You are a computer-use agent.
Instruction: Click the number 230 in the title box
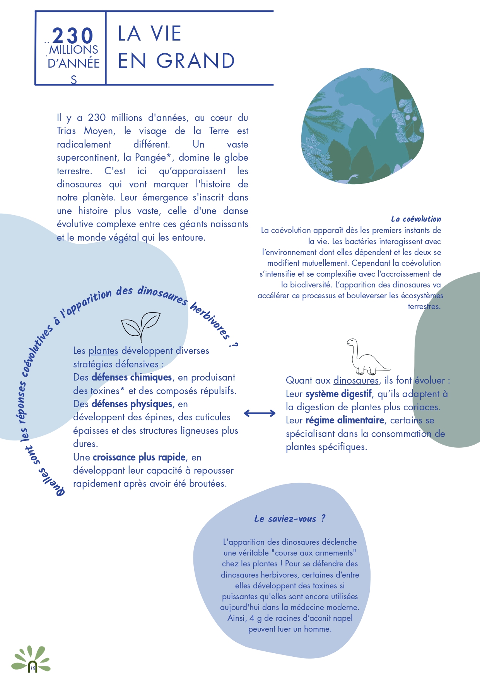tap(73, 36)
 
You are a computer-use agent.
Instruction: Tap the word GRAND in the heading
tap(196, 61)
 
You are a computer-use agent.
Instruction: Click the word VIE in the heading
tap(166, 34)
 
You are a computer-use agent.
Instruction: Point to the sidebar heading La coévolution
tap(416, 219)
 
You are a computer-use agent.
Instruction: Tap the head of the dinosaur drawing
tap(352, 342)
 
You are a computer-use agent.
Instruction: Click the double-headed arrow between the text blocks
tap(260, 413)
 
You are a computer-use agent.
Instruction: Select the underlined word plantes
tap(103, 351)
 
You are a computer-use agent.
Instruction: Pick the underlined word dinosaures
tap(356, 381)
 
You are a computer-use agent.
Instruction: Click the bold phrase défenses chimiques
tap(132, 377)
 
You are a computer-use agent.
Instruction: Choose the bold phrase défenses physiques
tap(132, 404)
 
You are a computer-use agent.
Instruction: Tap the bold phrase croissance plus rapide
tap(139, 457)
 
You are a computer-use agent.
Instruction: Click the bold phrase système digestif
tap(338, 394)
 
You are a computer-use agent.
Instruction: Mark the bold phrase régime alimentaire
tap(345, 420)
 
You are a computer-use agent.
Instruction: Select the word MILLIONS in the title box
tap(73, 50)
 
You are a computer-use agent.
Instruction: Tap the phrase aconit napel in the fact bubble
tap(328, 618)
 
